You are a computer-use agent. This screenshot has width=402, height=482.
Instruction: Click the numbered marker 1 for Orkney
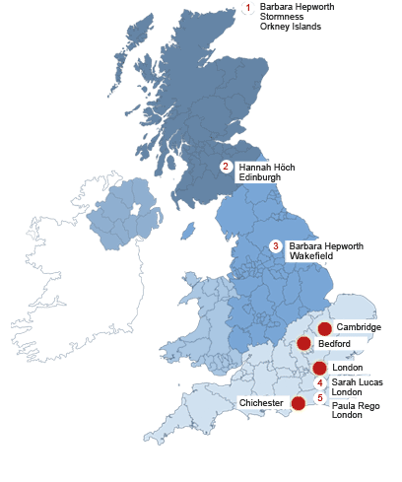point(247,9)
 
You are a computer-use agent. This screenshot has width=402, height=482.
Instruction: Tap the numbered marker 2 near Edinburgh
point(227,168)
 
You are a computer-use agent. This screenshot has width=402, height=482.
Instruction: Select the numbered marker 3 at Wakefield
point(276,245)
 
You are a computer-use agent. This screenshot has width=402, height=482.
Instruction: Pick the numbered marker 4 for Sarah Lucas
point(319,382)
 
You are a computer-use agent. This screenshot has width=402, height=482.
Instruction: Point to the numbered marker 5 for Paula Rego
point(319,397)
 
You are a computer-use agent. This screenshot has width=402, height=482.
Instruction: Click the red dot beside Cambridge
point(324,328)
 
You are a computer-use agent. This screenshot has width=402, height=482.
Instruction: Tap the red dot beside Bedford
point(304,343)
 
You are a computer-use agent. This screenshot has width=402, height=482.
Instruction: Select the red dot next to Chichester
point(298,403)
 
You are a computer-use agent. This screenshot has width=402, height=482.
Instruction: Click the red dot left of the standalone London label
point(319,368)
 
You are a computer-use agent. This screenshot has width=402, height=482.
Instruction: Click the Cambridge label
point(358,326)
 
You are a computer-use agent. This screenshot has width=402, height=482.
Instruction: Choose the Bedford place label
point(334,344)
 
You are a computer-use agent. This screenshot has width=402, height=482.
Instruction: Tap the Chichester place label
point(261,403)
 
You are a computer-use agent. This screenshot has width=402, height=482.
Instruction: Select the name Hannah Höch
point(266,168)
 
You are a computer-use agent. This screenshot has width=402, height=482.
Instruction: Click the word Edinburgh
point(260,177)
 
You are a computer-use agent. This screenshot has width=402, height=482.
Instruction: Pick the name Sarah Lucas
point(357,381)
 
